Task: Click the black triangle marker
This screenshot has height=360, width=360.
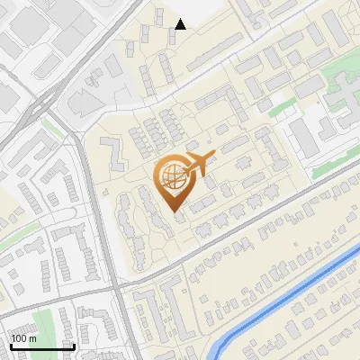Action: pos(181,24)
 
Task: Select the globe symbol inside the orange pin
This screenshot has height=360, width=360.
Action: pos(171,176)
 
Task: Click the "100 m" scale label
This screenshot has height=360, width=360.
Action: pos(24,338)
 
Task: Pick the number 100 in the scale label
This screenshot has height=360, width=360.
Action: pos(20,338)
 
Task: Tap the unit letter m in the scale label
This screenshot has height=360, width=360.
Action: pos(33,338)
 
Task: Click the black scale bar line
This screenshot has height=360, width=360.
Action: pos(41,346)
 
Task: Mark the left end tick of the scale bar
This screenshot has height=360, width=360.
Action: pos(11,345)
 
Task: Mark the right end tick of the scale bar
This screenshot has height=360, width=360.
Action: pos(73,345)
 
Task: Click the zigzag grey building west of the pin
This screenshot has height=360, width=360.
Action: pos(113,153)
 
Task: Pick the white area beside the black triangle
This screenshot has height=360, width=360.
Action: pos(202,13)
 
